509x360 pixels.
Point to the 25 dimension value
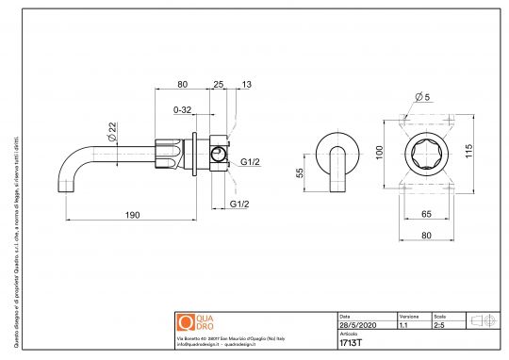pyautogui.click(x=219, y=85)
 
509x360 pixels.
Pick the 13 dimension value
pyautogui.click(x=247, y=85)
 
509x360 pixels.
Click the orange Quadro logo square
pyautogui.click(x=186, y=320)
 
